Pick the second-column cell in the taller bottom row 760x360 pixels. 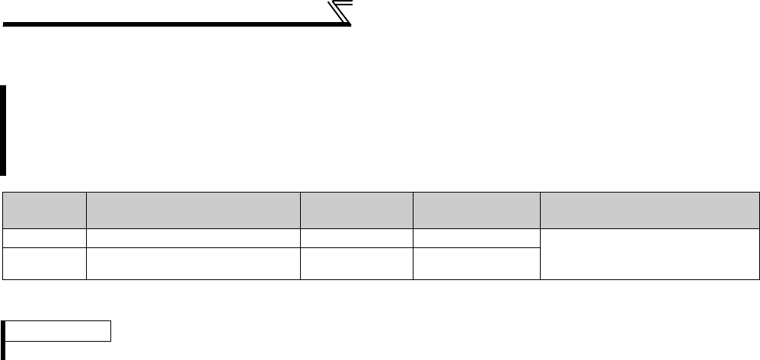pos(193,263)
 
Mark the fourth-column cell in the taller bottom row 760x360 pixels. pos(476,263)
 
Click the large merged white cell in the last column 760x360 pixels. pos(650,254)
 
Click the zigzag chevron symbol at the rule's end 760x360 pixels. pos(340,14)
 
